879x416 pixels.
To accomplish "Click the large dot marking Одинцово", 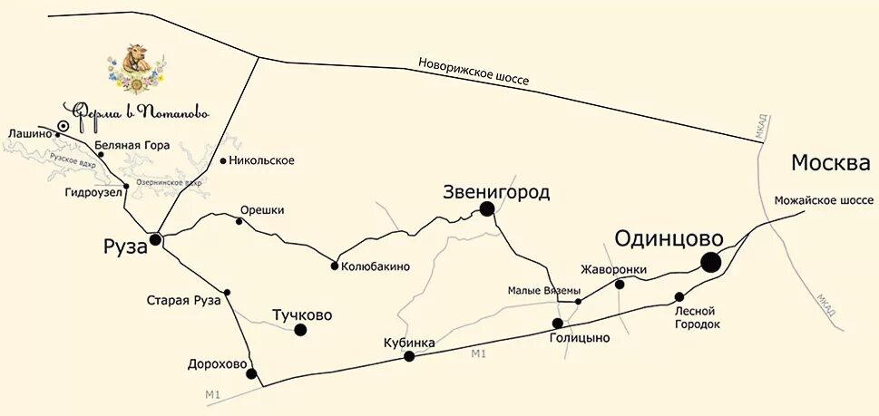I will (x=710, y=262).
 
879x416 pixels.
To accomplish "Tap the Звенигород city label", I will (x=496, y=192).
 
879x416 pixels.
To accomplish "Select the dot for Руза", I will (x=156, y=239).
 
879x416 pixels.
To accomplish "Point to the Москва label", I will (x=830, y=164).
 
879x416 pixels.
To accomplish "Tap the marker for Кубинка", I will (x=409, y=356).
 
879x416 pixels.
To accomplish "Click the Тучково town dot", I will (x=300, y=330).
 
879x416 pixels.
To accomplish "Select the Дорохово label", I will (x=217, y=365).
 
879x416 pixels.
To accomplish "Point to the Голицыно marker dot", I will (x=558, y=324).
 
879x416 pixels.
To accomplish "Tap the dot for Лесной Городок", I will (x=679, y=296).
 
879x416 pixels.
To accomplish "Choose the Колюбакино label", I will (x=376, y=266).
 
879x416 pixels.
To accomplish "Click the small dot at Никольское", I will (x=223, y=161).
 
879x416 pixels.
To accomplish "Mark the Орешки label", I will (x=262, y=210).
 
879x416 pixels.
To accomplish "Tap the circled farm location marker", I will (x=63, y=127).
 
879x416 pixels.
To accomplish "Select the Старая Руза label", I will (x=183, y=300).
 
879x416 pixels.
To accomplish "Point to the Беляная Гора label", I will (x=131, y=145).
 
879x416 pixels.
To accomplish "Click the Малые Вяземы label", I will (x=543, y=291).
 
